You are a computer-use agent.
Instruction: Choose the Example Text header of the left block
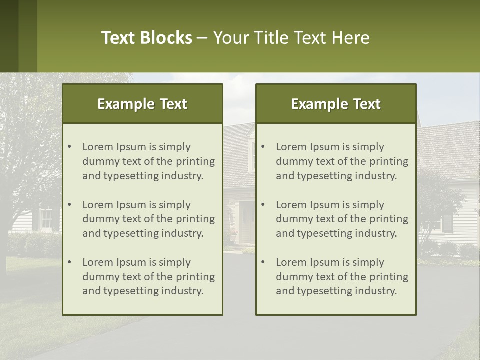point(142,104)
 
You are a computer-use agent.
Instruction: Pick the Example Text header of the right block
point(336,104)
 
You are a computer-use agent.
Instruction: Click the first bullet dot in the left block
point(69,147)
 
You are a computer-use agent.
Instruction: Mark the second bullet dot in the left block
point(69,205)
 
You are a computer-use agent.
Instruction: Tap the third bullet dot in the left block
point(69,262)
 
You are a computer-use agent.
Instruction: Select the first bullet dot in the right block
point(263,147)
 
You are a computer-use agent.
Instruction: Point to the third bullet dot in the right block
point(263,262)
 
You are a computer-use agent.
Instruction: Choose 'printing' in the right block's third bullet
point(389,277)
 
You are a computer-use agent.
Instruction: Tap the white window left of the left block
point(46,219)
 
